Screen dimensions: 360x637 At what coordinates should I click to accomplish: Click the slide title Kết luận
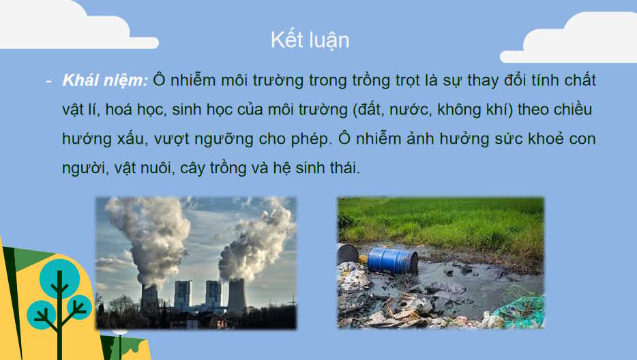pyautogui.click(x=310, y=40)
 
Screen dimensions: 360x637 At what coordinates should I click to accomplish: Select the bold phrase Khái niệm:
pyautogui.click(x=105, y=80)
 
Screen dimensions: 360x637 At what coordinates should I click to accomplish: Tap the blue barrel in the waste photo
pyautogui.click(x=392, y=260)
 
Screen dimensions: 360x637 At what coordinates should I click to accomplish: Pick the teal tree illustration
pyautogui.click(x=60, y=300)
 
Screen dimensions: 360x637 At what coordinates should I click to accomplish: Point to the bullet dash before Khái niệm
pyautogui.click(x=48, y=80)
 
